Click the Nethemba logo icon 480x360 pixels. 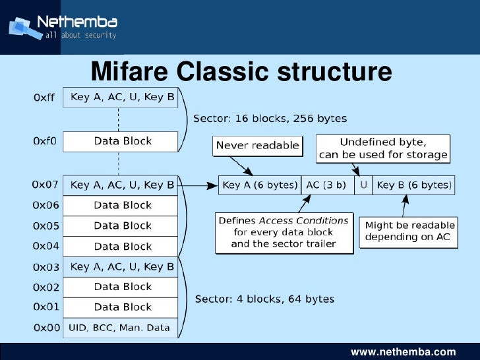pos(21,28)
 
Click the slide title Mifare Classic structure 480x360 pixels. pos(241,71)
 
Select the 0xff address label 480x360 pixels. pos(44,98)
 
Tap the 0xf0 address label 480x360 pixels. pos(44,141)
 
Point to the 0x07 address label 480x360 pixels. pos(45,185)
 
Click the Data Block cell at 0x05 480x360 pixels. pos(122,225)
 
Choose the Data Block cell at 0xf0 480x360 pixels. pos(122,141)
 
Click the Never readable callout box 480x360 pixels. pos(257,146)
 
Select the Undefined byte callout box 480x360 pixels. pos(382,149)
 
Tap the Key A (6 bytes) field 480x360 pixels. pos(259,185)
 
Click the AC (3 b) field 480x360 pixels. pos(326,185)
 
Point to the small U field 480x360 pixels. pos(363,185)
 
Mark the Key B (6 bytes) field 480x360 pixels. pos(413,185)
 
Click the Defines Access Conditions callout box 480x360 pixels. pos(284,232)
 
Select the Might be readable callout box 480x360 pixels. pos(411,231)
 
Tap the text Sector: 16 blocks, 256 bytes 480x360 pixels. pos(270,119)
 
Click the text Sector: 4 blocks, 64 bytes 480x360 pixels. pos(264,299)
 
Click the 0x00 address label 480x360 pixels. pos(45,328)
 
